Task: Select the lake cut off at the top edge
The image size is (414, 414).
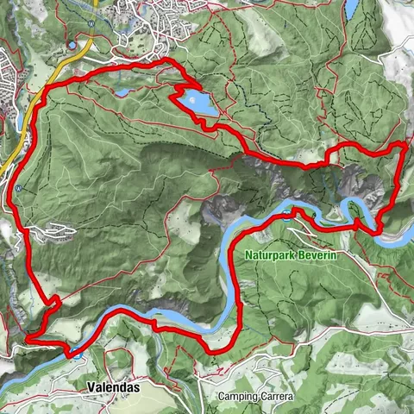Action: pos(351,8)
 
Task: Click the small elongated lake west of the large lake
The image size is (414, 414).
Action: pos(122,91)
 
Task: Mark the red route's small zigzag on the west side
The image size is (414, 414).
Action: pos(53,301)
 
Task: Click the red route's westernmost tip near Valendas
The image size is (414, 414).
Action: pos(28,340)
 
